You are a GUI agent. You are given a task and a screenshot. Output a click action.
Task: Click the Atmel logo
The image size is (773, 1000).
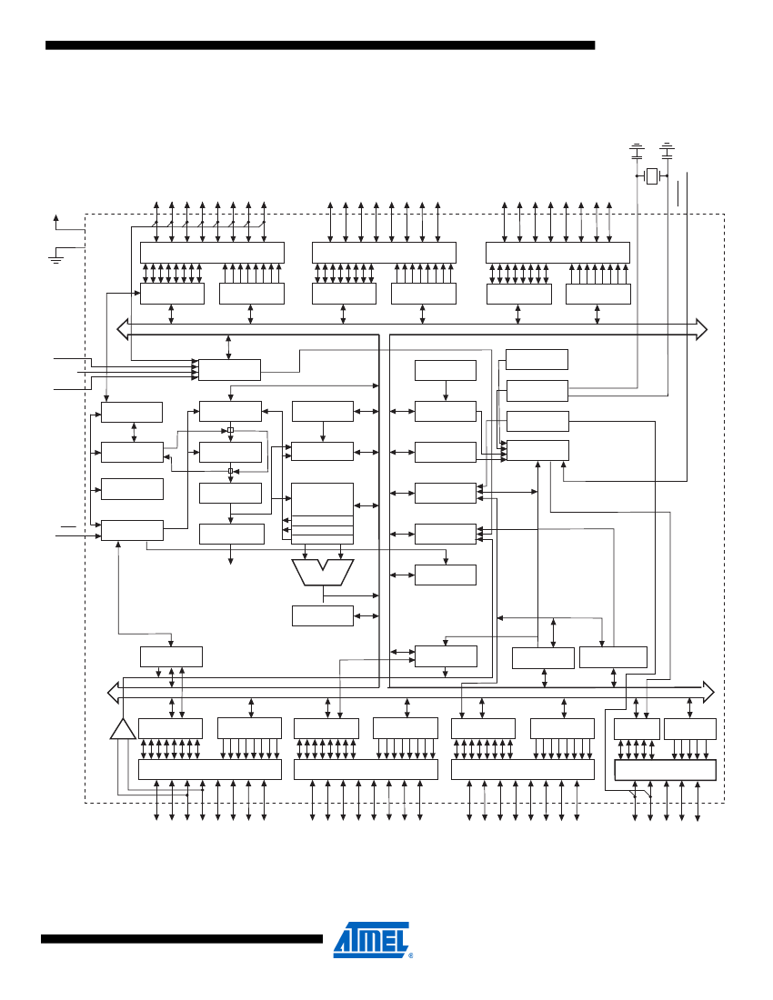[x=371, y=939]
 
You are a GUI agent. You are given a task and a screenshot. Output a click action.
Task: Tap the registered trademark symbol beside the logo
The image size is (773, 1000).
[x=411, y=956]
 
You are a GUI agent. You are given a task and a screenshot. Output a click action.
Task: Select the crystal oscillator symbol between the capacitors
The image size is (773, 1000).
[x=651, y=175]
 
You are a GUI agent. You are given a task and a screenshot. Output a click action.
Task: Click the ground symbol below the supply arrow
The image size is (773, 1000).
[x=56, y=258]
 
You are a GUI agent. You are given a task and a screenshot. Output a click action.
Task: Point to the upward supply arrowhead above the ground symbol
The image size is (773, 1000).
[x=56, y=218]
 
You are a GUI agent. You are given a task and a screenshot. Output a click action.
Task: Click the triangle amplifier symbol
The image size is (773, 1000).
[x=123, y=729]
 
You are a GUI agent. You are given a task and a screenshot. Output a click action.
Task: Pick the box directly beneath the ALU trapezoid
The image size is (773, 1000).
[x=322, y=615]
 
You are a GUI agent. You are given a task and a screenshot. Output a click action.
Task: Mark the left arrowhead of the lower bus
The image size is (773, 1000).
[x=113, y=693]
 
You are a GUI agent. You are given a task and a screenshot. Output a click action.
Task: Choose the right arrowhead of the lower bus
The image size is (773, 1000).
[x=708, y=692]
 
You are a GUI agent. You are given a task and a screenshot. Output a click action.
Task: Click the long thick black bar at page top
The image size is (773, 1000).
[x=320, y=45]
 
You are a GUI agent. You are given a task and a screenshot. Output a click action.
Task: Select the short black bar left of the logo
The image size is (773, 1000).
[x=182, y=939]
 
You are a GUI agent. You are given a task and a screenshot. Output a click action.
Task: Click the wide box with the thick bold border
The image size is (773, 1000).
[x=666, y=770]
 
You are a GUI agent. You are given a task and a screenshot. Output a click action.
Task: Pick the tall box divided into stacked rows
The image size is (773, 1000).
[x=322, y=514]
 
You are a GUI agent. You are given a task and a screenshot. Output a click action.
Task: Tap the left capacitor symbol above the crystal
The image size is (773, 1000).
[x=637, y=147]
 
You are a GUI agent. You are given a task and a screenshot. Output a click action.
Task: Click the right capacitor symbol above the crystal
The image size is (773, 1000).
[x=668, y=147]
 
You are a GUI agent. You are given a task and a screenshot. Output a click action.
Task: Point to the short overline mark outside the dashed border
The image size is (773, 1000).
[x=68, y=526]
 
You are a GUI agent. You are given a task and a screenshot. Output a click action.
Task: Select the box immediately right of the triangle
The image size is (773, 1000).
[x=170, y=728]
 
